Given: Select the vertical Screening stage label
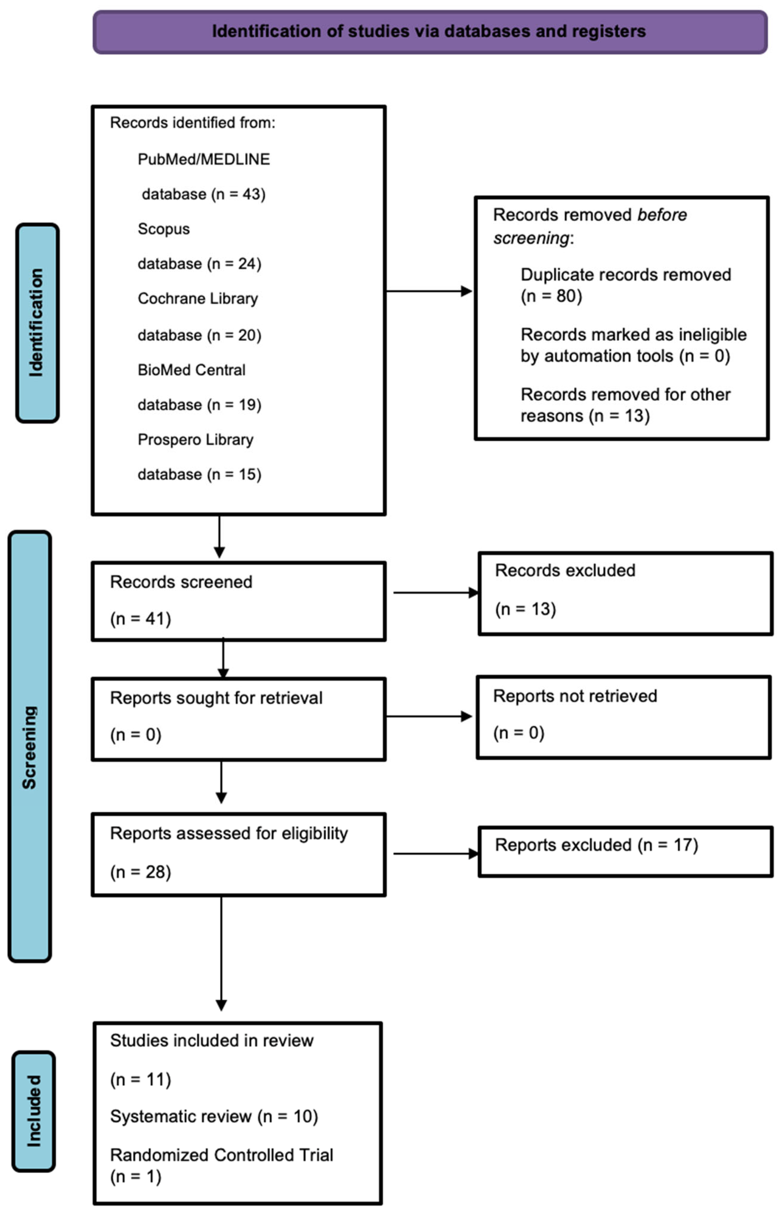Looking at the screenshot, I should (29, 747).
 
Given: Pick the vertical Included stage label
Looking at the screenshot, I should (34, 1112).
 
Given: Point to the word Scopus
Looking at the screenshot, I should (163, 229).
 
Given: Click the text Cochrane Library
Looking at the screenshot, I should (198, 298).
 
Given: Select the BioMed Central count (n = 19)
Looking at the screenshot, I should (234, 405).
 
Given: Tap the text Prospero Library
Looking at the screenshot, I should (196, 439).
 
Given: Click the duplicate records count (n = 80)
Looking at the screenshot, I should (552, 296).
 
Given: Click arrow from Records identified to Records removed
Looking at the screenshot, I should (429, 291).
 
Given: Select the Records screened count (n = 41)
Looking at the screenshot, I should (141, 619).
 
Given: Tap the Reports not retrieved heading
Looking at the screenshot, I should (575, 696).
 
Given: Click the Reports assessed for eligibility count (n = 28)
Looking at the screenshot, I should (141, 872).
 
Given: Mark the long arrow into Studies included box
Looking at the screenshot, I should (221, 954).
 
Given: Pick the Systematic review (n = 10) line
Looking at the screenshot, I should (214, 1117).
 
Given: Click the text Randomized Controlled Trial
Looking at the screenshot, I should (221, 1155).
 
